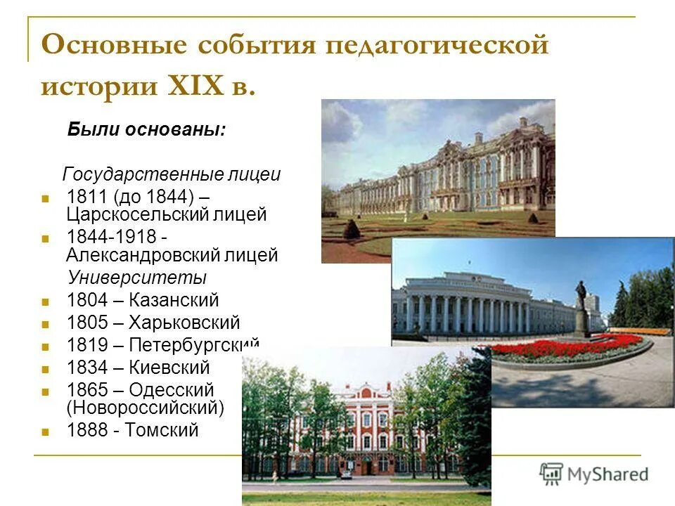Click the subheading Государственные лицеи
(x=172, y=174)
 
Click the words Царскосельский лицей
(x=167, y=214)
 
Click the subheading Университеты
(x=136, y=277)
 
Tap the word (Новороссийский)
(x=146, y=407)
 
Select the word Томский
(x=162, y=430)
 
